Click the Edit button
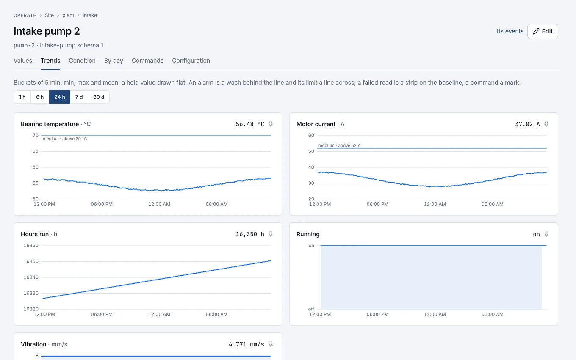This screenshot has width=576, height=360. click(543, 31)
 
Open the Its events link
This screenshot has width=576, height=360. click(510, 31)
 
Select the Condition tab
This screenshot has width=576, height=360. click(82, 61)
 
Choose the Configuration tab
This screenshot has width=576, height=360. click(191, 61)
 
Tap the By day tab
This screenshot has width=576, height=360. click(114, 61)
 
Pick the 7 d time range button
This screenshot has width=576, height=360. click(79, 97)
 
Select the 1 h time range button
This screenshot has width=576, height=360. click(22, 97)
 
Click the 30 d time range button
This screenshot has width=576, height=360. click(99, 97)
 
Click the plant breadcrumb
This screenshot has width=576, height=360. click(68, 15)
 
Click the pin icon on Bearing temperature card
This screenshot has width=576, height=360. click(271, 124)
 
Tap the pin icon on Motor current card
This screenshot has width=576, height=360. click(546, 124)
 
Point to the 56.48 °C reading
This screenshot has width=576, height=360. click(250, 124)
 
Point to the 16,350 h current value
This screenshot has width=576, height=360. click(250, 234)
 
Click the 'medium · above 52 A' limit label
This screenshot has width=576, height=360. click(339, 146)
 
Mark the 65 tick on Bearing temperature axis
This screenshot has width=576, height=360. click(36, 151)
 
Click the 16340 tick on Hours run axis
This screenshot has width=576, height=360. click(31, 277)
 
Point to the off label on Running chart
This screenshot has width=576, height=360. click(311, 309)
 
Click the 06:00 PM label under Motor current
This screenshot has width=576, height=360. click(377, 204)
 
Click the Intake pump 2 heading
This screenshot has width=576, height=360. click(47, 31)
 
